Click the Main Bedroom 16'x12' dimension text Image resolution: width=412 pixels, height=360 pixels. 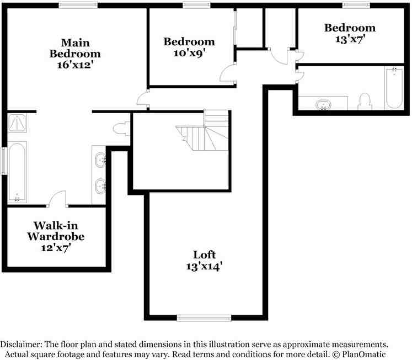[76, 65]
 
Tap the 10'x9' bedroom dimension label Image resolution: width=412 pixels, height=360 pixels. [189, 53]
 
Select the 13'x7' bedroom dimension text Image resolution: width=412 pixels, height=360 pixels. [350, 39]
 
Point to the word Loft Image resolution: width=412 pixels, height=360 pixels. [205, 255]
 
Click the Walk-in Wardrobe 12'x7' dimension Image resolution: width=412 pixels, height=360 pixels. [56, 248]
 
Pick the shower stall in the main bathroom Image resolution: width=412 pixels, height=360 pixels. [17, 123]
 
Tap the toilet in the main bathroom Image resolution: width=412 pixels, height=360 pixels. [121, 129]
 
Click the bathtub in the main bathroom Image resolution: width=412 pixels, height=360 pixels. [17, 172]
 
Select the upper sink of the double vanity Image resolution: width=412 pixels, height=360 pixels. [100, 160]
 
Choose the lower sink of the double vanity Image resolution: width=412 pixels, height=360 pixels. [100, 186]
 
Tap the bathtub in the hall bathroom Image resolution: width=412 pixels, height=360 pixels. [394, 88]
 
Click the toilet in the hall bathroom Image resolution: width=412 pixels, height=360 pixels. [365, 101]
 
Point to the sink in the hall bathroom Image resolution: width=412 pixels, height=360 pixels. [323, 105]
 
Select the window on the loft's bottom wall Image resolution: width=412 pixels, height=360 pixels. [204, 318]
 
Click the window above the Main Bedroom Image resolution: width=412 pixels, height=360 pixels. [78, 5]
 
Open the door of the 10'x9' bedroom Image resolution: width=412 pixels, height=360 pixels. [227, 72]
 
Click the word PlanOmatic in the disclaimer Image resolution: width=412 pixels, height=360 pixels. [364, 354]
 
